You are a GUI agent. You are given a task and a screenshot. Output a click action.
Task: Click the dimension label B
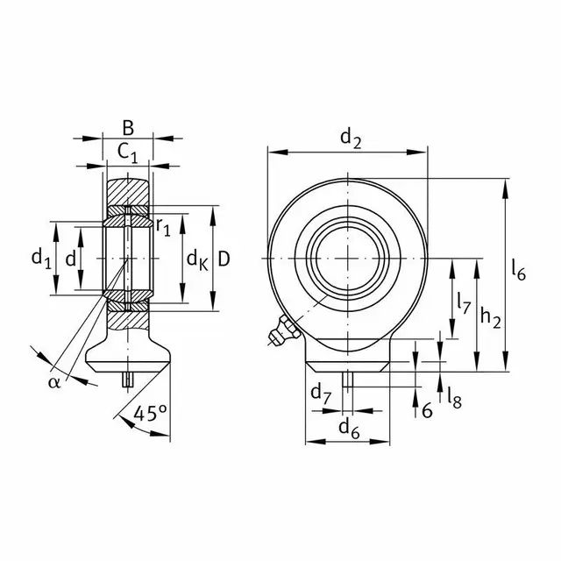(x=128, y=128)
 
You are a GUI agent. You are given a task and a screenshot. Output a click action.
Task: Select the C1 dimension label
(x=127, y=154)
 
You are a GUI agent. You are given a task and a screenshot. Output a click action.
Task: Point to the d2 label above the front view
(x=351, y=138)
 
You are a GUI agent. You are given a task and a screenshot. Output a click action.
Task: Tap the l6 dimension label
(x=518, y=270)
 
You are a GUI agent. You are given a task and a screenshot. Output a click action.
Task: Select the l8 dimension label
(x=454, y=398)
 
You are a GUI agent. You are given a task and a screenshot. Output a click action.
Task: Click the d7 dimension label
(x=321, y=394)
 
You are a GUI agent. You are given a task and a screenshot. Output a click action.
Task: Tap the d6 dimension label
(x=349, y=429)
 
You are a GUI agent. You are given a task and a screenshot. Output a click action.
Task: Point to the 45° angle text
(x=150, y=414)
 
